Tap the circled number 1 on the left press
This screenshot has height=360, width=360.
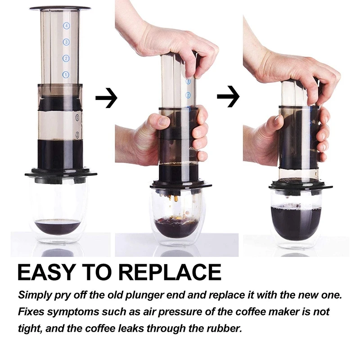click(66, 74)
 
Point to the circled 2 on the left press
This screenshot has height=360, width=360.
click(66, 58)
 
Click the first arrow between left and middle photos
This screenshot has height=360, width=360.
click(106, 98)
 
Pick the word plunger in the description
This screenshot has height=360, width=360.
click(168, 296)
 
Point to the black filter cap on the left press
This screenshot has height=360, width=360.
click(60, 174)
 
